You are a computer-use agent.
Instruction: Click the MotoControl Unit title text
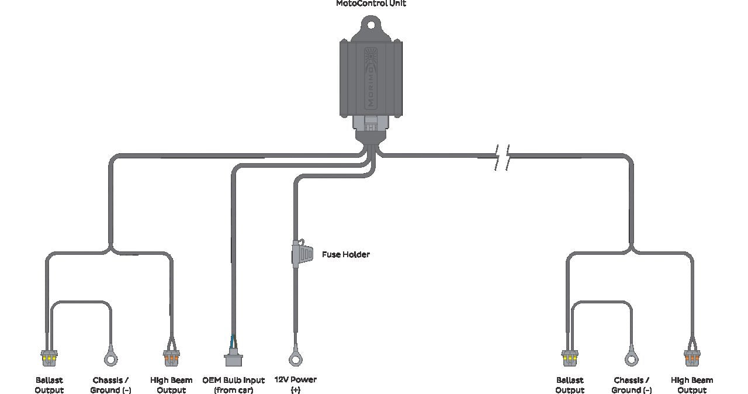pyautogui.click(x=371, y=4)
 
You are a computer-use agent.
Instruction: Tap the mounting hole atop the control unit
pyautogui.click(x=371, y=25)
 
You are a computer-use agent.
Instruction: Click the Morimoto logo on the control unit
pyautogui.click(x=370, y=79)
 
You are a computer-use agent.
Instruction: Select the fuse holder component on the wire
pyautogui.click(x=302, y=253)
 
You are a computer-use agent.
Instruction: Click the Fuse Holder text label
pyautogui.click(x=346, y=254)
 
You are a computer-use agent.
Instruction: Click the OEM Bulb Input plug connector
pyautogui.click(x=233, y=357)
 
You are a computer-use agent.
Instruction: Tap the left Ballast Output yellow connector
pyautogui.click(x=49, y=358)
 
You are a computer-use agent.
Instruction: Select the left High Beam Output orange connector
pyautogui.click(x=171, y=358)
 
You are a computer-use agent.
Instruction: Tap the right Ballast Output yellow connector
pyautogui.click(x=570, y=358)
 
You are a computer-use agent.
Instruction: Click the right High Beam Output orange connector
pyautogui.click(x=692, y=358)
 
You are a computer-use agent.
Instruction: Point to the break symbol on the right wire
pyautogui.click(x=502, y=157)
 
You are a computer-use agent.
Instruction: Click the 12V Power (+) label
pyautogui.click(x=296, y=385)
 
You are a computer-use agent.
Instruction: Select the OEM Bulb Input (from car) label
pyautogui.click(x=233, y=385)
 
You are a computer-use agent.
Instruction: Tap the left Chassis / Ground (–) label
pyautogui.click(x=110, y=385)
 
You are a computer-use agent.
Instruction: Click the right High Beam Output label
pyautogui.click(x=692, y=385)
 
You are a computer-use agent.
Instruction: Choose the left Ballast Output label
pyautogui.click(x=49, y=385)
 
